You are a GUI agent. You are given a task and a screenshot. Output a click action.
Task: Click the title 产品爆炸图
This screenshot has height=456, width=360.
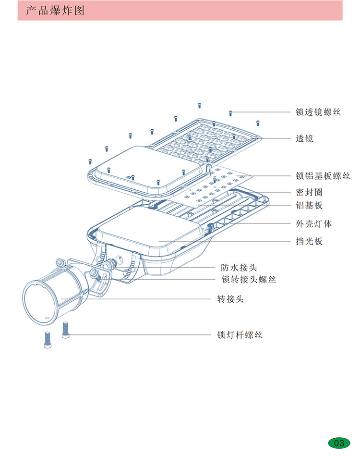coord(55,11)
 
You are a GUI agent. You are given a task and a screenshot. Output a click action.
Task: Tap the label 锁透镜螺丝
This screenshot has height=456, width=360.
coord(318,112)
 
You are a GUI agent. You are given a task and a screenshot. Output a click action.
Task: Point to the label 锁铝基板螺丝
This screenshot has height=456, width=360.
coord(323,176)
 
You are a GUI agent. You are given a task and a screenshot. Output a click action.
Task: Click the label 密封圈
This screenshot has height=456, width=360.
coord(309,192)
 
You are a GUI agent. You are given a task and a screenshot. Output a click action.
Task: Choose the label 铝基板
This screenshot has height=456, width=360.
coord(309,206)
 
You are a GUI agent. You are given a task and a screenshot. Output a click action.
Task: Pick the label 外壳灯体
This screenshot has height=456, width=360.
coord(314,224)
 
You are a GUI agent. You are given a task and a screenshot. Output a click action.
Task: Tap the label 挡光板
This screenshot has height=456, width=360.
coord(309,241)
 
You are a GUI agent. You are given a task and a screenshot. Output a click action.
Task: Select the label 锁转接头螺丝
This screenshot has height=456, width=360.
coord(248,279)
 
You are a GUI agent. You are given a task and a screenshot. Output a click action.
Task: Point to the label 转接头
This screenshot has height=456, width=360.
coord(230,299)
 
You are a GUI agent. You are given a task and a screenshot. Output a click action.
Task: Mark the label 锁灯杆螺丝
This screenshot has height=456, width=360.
coord(240,335)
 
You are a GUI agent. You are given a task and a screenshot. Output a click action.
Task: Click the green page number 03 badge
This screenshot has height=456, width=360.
coord(339,443)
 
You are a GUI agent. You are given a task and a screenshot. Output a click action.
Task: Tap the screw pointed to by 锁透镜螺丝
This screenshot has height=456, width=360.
coord(230,112)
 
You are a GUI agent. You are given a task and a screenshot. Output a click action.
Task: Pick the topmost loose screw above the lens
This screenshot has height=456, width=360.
coord(199,105)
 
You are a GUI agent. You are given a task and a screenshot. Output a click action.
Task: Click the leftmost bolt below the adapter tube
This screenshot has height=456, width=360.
coord(47,340)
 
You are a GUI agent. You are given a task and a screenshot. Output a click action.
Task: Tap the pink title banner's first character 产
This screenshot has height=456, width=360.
coord(31,11)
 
